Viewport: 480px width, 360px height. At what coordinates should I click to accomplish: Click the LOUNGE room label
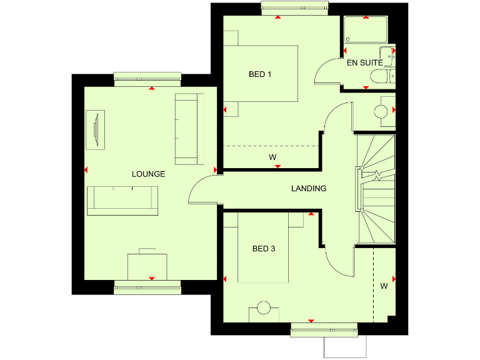click(x=148, y=174)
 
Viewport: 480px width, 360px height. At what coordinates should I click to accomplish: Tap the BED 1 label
click(x=260, y=74)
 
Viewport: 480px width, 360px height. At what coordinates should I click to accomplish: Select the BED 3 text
click(x=264, y=249)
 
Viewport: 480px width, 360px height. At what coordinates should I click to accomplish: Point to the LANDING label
click(x=309, y=188)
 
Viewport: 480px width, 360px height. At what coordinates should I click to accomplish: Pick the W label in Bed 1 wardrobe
click(x=272, y=157)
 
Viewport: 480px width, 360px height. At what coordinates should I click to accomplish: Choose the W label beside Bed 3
click(x=384, y=286)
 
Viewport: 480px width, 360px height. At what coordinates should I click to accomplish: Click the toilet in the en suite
click(x=379, y=77)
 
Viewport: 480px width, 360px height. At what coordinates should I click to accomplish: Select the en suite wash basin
click(x=388, y=56)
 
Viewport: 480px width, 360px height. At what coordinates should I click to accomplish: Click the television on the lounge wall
click(x=96, y=130)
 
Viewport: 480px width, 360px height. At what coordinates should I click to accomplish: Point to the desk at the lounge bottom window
click(x=147, y=266)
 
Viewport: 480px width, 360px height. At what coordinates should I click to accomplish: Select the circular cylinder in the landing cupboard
click(x=381, y=111)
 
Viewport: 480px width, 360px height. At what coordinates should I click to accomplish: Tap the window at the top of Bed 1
click(x=294, y=7)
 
